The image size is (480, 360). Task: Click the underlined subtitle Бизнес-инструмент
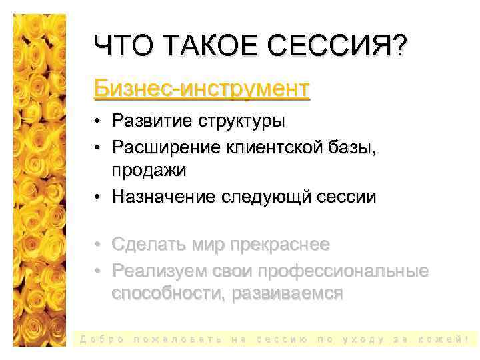pos(202,87)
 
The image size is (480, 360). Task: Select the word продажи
pos(149,170)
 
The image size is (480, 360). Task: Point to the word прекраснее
pos(279,245)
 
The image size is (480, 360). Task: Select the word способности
pos(168,294)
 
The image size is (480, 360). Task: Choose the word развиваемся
pos(287,294)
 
